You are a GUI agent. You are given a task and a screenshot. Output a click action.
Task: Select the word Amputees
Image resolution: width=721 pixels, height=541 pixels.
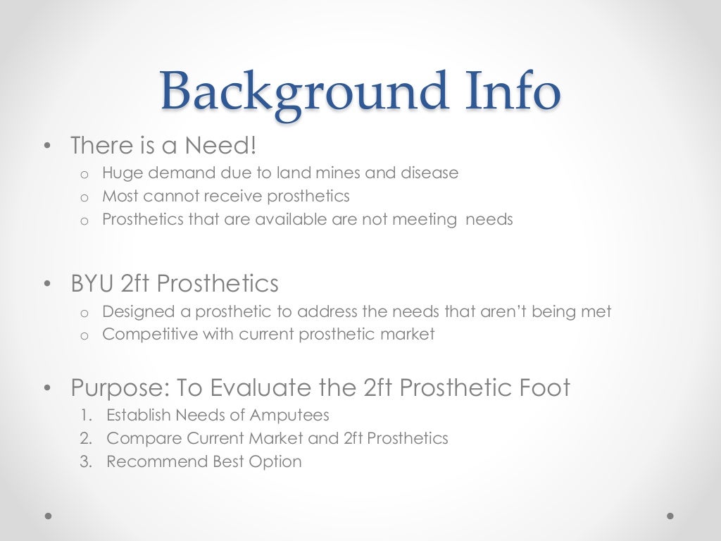(x=291, y=416)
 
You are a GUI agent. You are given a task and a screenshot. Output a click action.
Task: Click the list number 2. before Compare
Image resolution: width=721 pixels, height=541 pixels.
(x=86, y=438)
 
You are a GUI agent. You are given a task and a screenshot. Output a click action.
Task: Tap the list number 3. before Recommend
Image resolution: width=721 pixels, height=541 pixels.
(x=86, y=461)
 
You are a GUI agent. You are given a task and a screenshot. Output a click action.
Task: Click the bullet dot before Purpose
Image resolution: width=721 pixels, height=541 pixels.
(x=47, y=388)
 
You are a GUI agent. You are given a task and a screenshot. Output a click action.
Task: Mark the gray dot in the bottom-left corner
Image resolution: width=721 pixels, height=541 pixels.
(x=49, y=516)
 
